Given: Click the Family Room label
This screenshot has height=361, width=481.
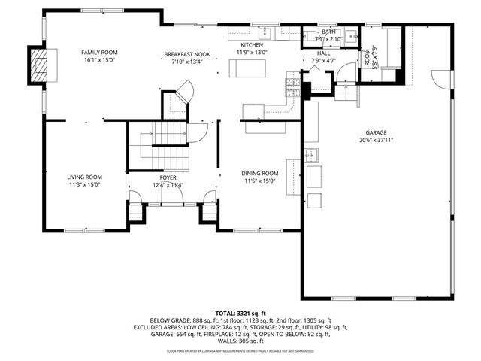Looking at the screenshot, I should (100, 52).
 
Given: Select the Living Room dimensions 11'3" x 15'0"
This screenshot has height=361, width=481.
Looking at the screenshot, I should (83, 184).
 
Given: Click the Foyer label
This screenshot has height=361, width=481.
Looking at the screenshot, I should (168, 177).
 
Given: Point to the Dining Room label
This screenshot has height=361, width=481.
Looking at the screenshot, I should (259, 173).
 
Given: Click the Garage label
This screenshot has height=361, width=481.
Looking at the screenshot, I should (377, 132).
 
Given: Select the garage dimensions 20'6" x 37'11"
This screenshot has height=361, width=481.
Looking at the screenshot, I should (377, 139).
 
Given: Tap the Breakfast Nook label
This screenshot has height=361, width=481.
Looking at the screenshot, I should (187, 55).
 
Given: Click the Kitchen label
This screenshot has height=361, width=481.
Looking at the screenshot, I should (252, 45).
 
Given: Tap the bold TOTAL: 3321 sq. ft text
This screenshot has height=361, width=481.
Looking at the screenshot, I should (241, 312).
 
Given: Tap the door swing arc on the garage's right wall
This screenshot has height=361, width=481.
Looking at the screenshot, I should (440, 77).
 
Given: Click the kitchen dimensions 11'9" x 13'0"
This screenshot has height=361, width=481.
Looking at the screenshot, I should (252, 53).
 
